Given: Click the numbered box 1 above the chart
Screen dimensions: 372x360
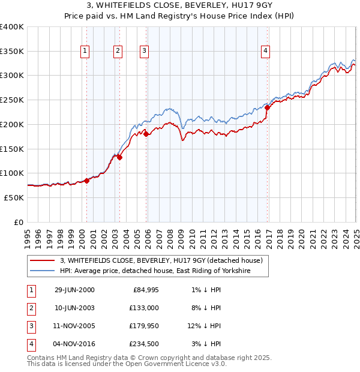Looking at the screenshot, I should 85,52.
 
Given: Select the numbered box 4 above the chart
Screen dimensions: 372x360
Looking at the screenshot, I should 265,52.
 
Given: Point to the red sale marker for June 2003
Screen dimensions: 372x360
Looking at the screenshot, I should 119,157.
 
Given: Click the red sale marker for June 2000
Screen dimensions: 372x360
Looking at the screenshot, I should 87,181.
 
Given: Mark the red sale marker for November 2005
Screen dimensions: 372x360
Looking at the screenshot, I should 146,134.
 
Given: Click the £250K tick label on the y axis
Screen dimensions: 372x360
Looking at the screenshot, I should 12,100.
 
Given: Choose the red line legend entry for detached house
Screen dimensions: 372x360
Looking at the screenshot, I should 161,261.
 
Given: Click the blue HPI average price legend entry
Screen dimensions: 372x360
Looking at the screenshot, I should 154,271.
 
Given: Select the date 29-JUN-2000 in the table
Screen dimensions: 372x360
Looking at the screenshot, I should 74,290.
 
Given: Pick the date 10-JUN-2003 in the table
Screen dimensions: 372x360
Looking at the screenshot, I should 74,308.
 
